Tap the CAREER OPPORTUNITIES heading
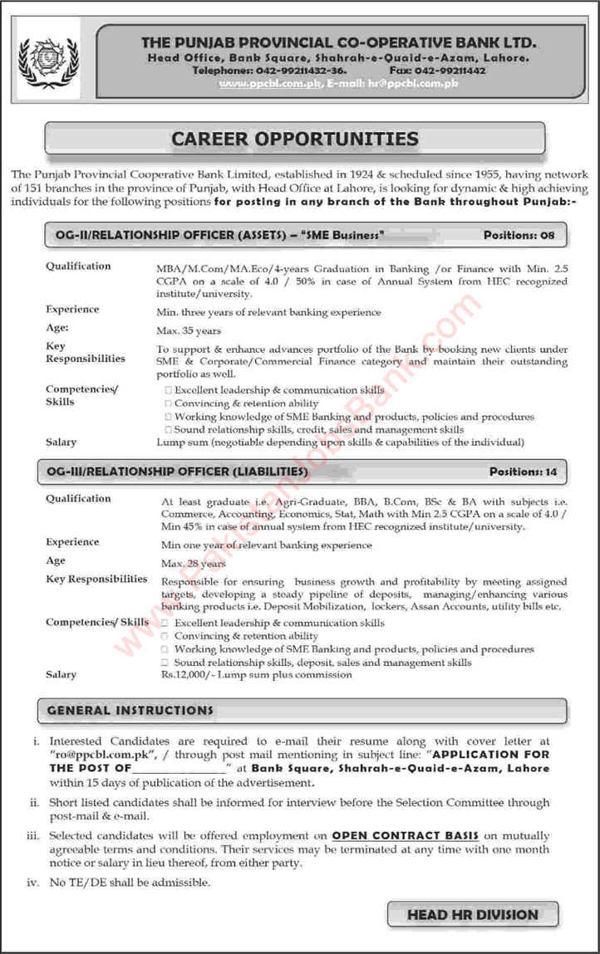tap(295, 139)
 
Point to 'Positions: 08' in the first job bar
tap(518, 236)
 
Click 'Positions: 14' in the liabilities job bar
tap(523, 472)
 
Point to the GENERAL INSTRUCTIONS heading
tap(130, 711)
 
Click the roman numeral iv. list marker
tap(33, 883)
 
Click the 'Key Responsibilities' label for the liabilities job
tap(96, 579)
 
